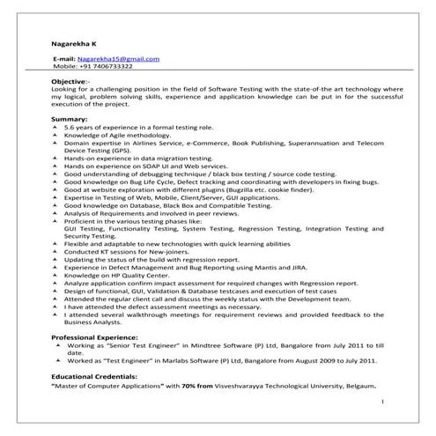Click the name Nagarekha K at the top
[73, 42]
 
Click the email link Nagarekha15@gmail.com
[118, 59]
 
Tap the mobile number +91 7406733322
[106, 66]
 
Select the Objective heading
[70, 81]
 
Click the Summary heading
[70, 118]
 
